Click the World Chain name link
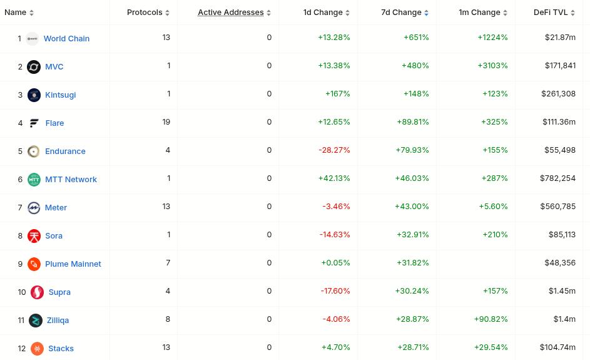coord(66,38)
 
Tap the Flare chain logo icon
coord(34,123)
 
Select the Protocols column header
coord(145,12)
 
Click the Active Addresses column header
coord(230,12)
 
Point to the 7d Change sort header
coord(401,12)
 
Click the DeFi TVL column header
coord(551,12)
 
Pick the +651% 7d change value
coord(416,38)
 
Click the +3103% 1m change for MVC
coord(492,66)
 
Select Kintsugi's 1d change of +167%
coord(337,94)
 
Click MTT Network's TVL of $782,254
coord(557,178)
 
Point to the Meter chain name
coord(56,207)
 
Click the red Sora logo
coord(34,235)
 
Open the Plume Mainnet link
coord(73,264)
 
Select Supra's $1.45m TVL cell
coord(562,291)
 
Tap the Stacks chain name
coord(61,348)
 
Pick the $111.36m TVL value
coord(559,122)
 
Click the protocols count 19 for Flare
coord(166,122)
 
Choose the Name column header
coord(16,12)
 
